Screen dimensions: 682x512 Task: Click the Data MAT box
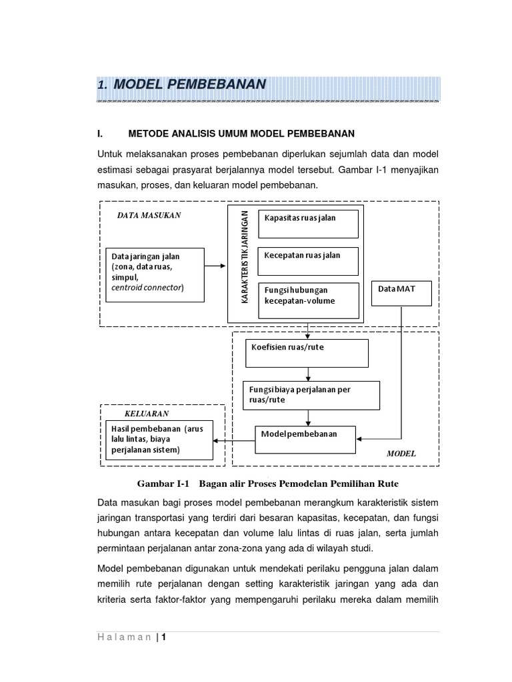401,293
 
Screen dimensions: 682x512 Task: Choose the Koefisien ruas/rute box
307,353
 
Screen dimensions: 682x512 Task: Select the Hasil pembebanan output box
159,440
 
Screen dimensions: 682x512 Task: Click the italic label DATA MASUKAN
149,215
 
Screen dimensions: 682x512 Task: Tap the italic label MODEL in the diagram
401,454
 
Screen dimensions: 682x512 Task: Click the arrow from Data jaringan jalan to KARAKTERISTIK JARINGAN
215,266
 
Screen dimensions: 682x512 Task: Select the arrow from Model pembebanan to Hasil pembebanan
234,440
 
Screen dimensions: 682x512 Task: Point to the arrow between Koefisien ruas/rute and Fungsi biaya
307,374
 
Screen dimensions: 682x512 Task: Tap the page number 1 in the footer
162,637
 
